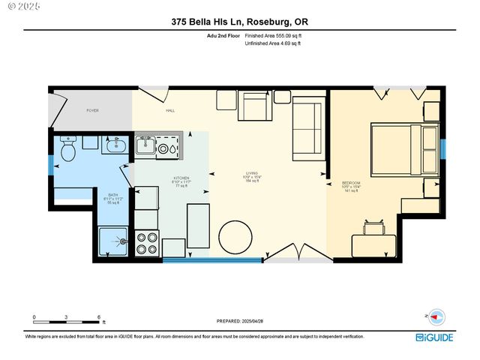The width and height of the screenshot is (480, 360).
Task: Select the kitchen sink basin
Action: click(x=145, y=144)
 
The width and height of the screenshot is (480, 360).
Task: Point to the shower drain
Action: click(x=119, y=241)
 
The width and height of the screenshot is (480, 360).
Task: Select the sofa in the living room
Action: click(x=307, y=127)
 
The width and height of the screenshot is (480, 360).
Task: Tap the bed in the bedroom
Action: click(x=397, y=148)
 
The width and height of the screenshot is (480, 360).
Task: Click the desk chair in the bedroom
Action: click(x=377, y=228)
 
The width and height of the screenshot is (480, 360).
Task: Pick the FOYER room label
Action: click(x=92, y=111)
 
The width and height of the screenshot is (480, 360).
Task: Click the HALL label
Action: click(x=169, y=111)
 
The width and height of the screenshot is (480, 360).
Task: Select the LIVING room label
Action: click(x=251, y=172)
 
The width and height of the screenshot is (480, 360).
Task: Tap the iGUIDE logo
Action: click(x=435, y=337)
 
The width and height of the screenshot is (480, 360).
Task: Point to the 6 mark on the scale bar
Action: click(x=99, y=317)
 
